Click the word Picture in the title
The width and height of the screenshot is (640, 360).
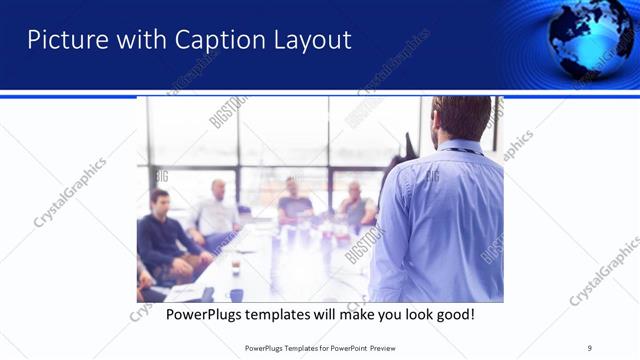[62, 40]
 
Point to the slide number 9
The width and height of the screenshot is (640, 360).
[591, 347]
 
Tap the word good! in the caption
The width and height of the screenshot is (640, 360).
[453, 315]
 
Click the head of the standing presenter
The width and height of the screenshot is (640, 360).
[461, 117]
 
